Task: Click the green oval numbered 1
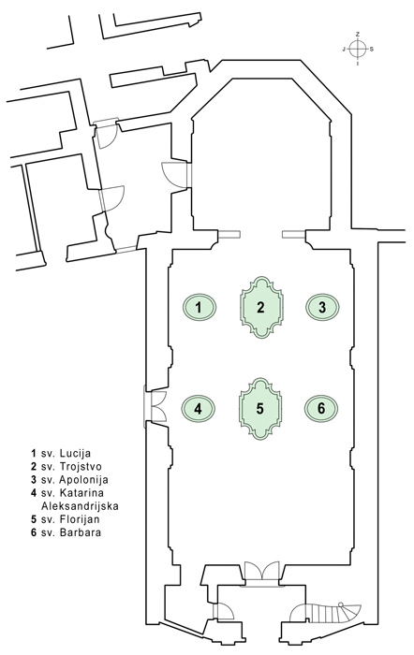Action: pos(200,308)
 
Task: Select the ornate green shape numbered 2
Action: pos(261,307)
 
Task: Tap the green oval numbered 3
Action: pos(322,308)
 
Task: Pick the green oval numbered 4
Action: pos(199,409)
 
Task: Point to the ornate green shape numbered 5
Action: pos(260,409)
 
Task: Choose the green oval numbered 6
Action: pos(321,409)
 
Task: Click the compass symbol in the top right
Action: pos(358,49)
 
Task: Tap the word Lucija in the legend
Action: pos(75,453)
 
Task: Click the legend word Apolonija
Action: pos(83,479)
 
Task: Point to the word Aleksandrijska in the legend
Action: pos(81,506)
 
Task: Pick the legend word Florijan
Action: pos(80,519)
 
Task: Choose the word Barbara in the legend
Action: pos(81,532)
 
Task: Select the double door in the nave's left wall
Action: pos(155,406)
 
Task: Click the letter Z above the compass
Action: pos(358,34)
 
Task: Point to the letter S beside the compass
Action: pos(372,50)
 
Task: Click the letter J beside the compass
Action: pos(344,50)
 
